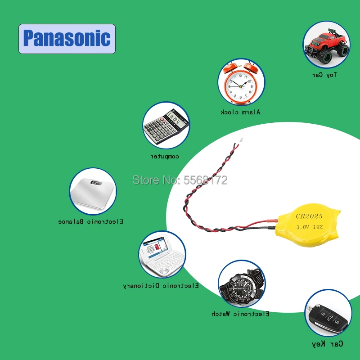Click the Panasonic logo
pos(67,39)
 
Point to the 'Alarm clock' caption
pos(240,112)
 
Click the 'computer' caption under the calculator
pos(165,157)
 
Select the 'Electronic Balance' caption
pos(91,222)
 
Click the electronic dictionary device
pos(162,256)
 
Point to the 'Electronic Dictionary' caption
pos(161,286)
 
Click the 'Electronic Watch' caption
pos(240,314)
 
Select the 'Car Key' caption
pos(327,344)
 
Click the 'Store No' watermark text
pos(180,180)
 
